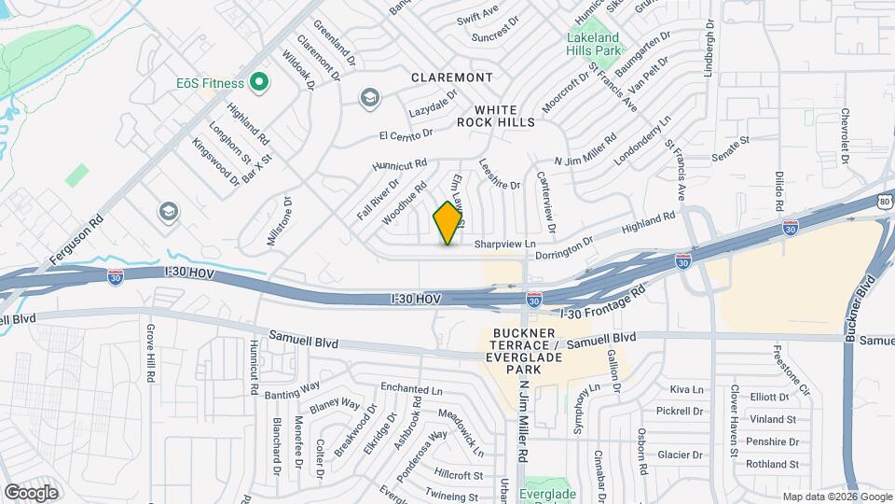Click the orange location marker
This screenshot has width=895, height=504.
pyautogui.click(x=448, y=223)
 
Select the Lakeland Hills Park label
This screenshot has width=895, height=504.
pyautogui.click(x=594, y=44)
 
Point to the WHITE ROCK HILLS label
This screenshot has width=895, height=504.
pyautogui.click(x=496, y=116)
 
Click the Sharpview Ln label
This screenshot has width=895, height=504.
pyautogui.click(x=507, y=245)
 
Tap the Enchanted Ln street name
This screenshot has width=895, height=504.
pyautogui.click(x=411, y=387)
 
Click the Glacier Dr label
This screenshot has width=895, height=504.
pyautogui.click(x=680, y=455)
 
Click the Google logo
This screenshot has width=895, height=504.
pyautogui.click(x=31, y=492)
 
